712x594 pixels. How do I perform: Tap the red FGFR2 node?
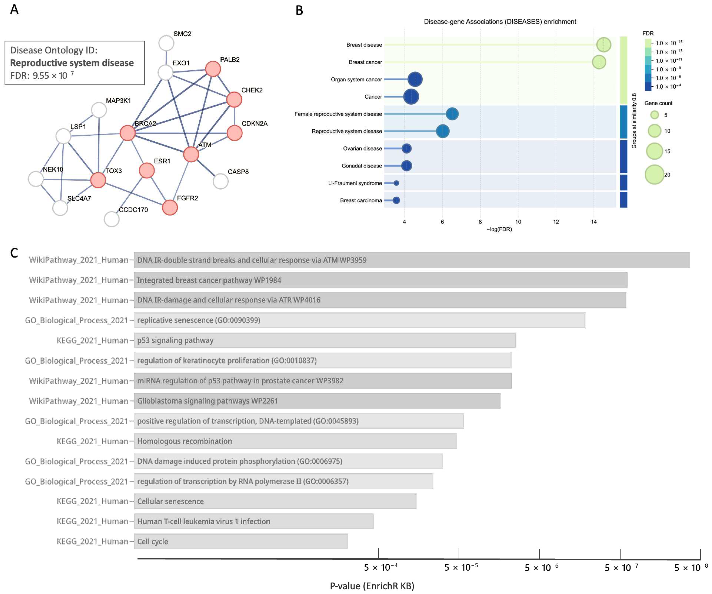pos(170,207)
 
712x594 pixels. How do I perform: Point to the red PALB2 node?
pos(213,69)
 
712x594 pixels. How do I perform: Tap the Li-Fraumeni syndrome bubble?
pos(396,183)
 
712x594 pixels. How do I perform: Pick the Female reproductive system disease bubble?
pos(452,114)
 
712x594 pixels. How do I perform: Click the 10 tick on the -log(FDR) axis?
pos(518,222)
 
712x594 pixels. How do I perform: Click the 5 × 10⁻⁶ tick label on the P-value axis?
pos(541,567)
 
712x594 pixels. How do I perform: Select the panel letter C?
pos(14,253)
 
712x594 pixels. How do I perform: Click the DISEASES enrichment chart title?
pos(500,22)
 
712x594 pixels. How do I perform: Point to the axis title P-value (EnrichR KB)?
pos(372,586)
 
